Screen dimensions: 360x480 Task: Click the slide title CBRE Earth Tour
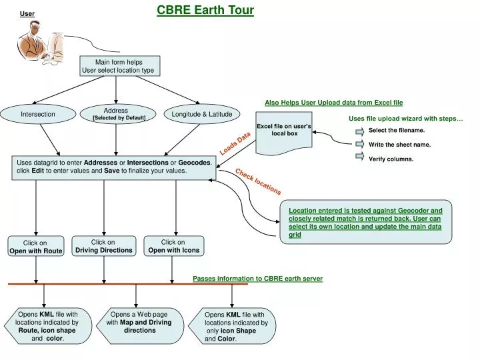point(205,10)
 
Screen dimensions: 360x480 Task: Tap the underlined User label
point(27,13)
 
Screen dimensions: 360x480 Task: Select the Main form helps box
point(119,66)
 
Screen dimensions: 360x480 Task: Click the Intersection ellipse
point(38,114)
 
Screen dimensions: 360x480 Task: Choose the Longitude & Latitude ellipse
point(201,114)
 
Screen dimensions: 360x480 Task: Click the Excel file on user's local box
point(283,130)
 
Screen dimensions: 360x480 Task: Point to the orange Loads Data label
point(235,143)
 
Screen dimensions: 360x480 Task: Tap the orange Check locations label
point(258,181)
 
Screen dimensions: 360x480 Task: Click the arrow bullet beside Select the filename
point(359,131)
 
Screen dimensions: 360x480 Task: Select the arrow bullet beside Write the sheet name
point(359,144)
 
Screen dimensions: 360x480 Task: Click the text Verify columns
point(391,159)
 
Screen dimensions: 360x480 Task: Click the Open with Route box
point(35,247)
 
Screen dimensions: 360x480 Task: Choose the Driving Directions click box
point(103,246)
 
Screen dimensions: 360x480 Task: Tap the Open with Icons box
point(173,246)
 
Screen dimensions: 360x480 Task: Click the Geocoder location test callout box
point(365,222)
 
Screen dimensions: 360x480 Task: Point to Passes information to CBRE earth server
point(257,278)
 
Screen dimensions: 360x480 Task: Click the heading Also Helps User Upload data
point(333,103)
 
